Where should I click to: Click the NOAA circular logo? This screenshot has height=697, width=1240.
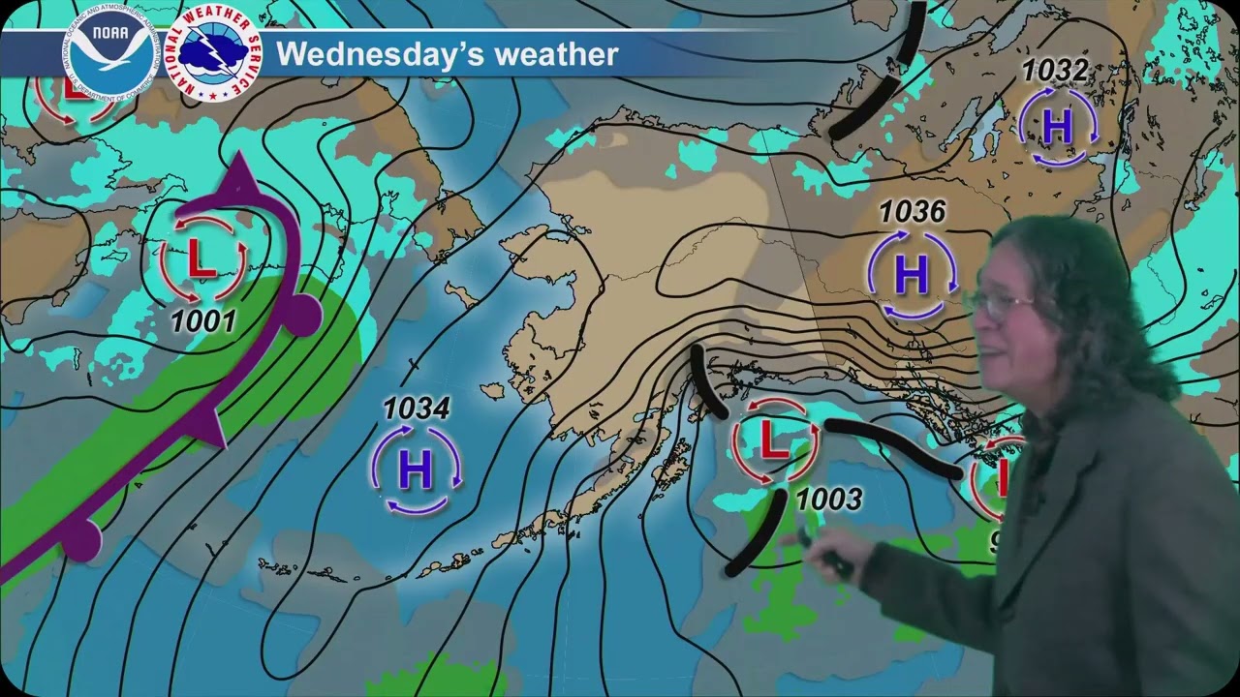point(109,49)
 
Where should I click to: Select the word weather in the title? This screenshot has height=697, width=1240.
point(556,54)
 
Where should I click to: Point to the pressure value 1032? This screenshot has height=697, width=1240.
point(1055,71)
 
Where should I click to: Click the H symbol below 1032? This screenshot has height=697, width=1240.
point(1057,126)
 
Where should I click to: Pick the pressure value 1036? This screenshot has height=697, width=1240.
point(911,212)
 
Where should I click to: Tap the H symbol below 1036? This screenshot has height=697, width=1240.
point(912,275)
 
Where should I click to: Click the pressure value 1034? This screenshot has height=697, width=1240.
point(416,409)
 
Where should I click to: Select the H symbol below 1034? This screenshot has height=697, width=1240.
point(416,470)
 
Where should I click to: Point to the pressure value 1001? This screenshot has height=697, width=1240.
point(203,320)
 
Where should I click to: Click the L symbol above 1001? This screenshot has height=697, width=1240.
point(201,258)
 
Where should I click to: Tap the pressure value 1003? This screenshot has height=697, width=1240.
point(828,499)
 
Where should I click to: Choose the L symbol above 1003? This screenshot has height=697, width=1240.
point(771,440)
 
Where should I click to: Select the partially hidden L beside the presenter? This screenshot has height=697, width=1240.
point(1003,476)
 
